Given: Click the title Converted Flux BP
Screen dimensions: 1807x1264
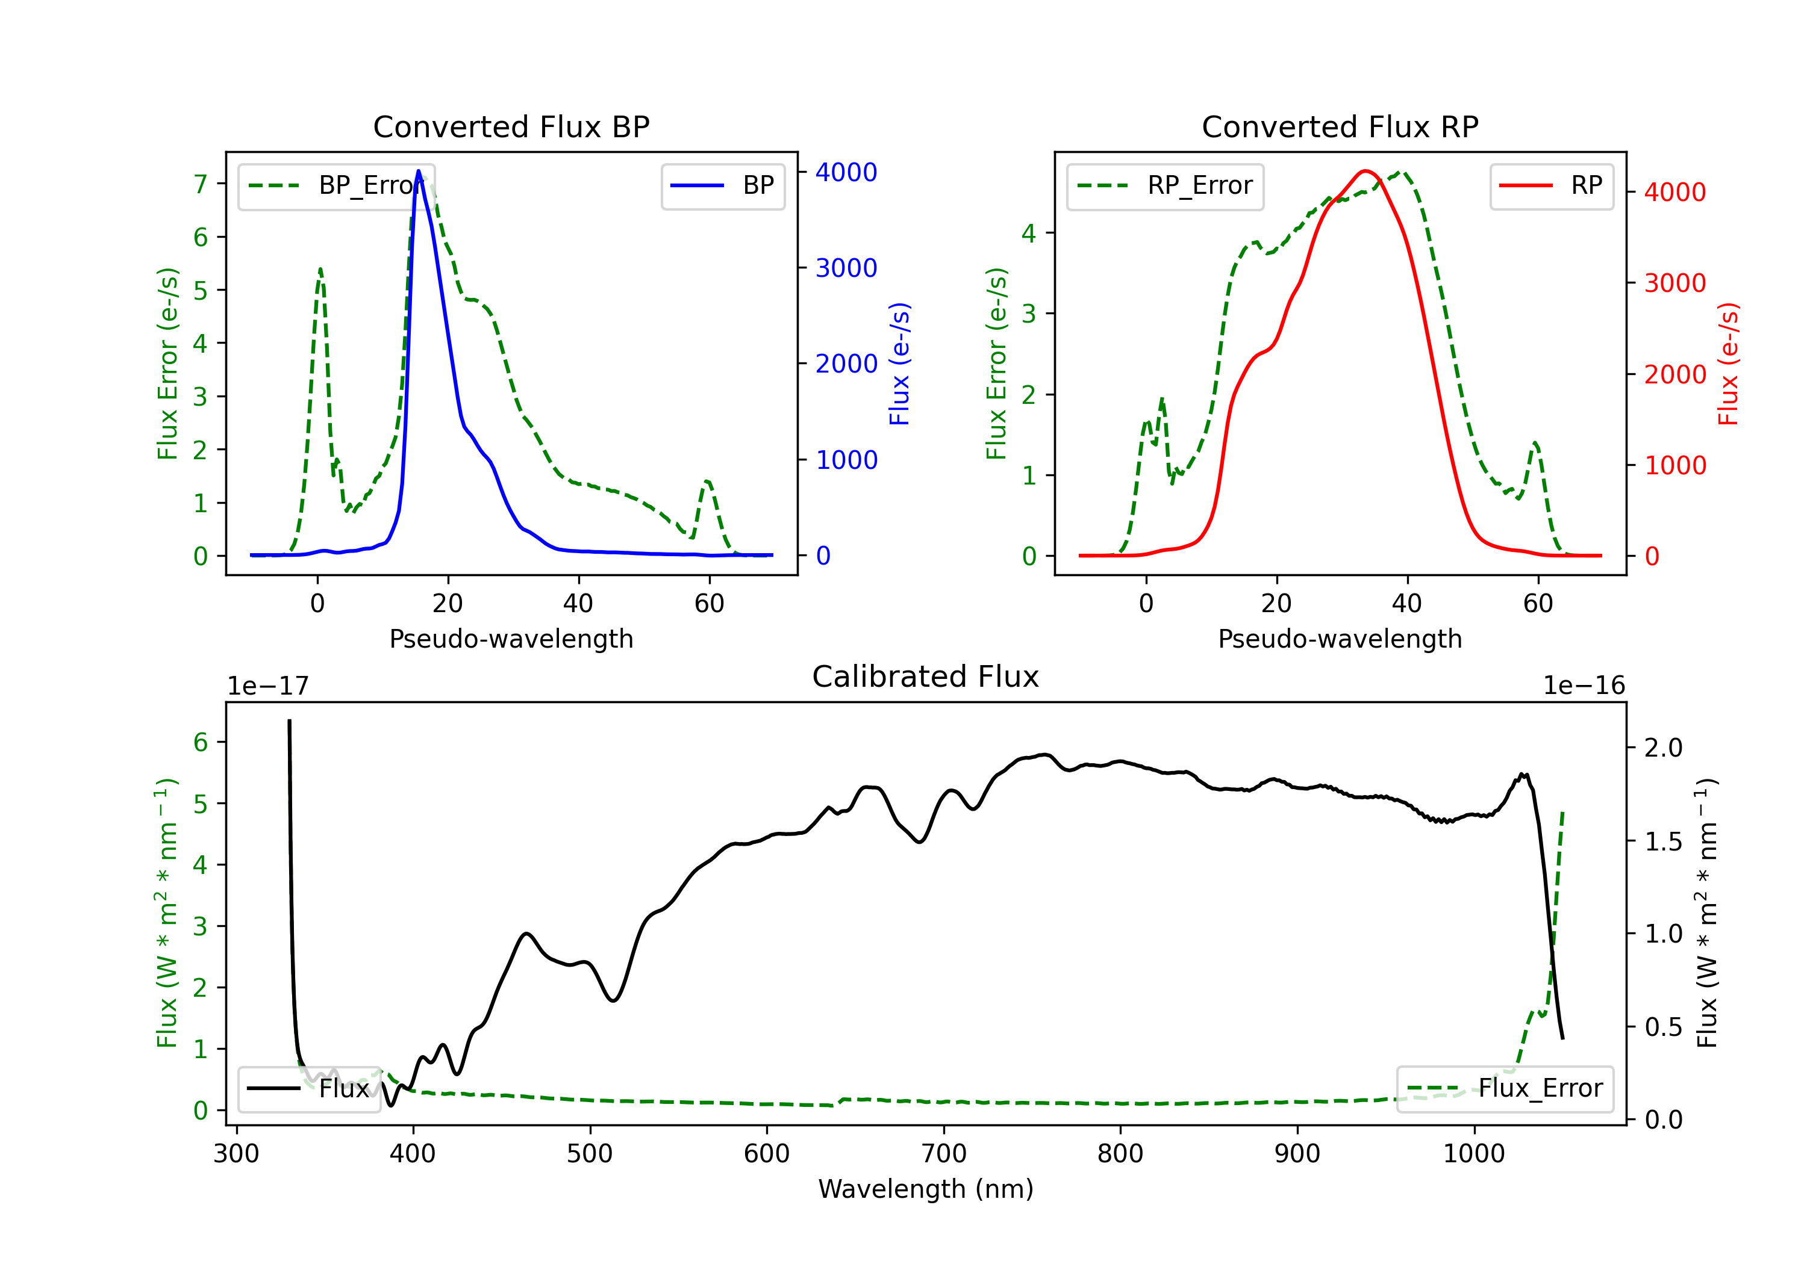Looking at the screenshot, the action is (x=511, y=126).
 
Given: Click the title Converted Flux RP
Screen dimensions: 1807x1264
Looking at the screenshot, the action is (x=1340, y=126).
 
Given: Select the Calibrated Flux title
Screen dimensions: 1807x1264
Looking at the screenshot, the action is (x=926, y=677).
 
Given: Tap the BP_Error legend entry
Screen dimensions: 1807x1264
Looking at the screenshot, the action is (x=336, y=185).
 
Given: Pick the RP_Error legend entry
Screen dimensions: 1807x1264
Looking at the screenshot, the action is (x=1165, y=185).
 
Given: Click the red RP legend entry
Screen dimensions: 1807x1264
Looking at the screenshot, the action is (x=1551, y=185).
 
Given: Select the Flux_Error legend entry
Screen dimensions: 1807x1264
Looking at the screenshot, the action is (x=1505, y=1089).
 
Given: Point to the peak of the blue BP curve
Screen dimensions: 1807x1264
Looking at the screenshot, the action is (x=419, y=171).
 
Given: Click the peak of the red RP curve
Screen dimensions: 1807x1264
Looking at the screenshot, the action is (x=1365, y=171).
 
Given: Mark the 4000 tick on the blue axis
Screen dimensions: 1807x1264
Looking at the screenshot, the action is (x=846, y=172).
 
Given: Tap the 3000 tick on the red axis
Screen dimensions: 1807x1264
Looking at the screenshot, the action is (x=1674, y=283).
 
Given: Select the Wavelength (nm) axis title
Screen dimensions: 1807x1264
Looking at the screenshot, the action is (x=926, y=1189).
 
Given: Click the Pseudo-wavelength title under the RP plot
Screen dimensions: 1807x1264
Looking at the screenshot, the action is (x=1340, y=639).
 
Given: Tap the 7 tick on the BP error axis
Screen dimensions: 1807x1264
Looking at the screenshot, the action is (x=201, y=184).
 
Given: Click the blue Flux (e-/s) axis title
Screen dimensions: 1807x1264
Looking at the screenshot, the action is (x=899, y=364).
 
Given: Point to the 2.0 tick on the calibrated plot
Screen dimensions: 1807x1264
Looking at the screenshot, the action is (x=1664, y=747).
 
